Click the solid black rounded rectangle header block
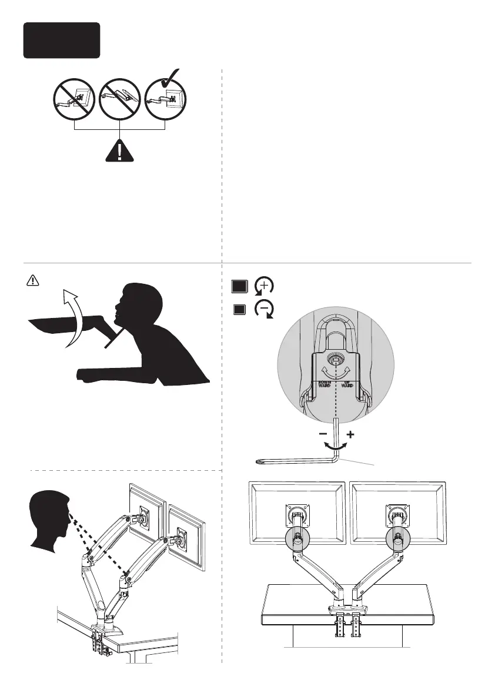tap(62, 40)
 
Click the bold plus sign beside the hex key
tap(351, 436)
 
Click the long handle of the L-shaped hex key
tap(294, 460)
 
